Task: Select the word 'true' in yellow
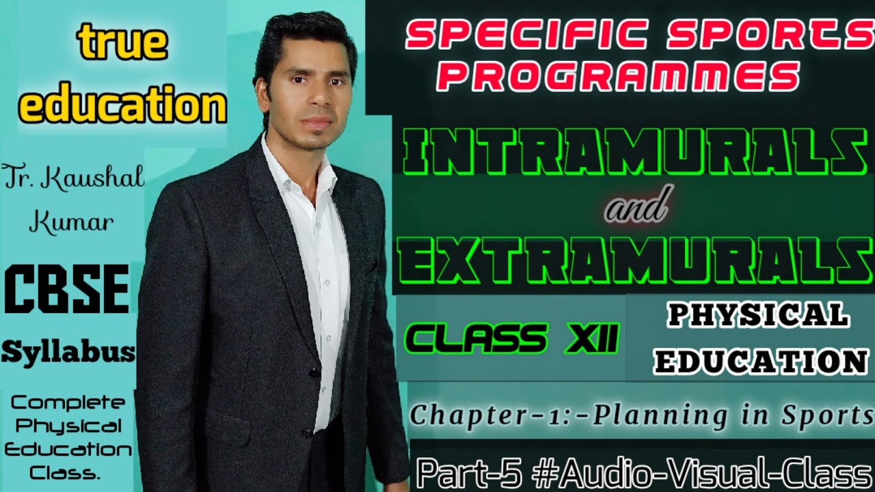tap(123, 42)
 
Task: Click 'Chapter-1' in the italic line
tap(465, 415)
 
